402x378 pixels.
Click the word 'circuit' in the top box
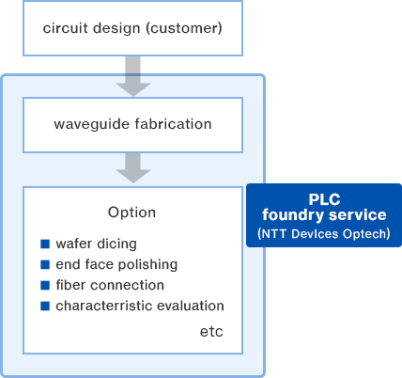click(x=65, y=28)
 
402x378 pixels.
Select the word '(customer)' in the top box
click(x=184, y=28)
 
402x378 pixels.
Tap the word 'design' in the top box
click(x=116, y=28)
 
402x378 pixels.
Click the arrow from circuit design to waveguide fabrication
click(x=133, y=76)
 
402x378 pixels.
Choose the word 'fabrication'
click(x=174, y=124)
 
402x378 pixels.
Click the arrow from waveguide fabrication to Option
click(x=133, y=168)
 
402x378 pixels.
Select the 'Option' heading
click(x=131, y=213)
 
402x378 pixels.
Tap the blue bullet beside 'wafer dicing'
click(x=45, y=244)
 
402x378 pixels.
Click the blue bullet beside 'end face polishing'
click(x=45, y=264)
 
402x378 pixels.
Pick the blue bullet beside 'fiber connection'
click(x=45, y=285)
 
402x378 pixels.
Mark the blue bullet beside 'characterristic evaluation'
click(x=45, y=306)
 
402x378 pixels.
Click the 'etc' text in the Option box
click(x=211, y=332)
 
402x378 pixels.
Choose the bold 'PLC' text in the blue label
click(x=324, y=199)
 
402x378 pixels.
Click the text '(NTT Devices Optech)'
click(x=324, y=234)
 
